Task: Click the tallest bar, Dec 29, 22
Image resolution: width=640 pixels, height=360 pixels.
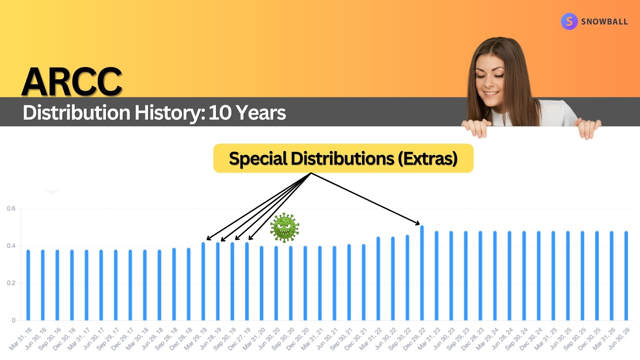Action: point(422,273)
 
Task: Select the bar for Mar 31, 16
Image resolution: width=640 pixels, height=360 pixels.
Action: point(28,285)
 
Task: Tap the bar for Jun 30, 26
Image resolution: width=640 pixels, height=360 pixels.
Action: point(626,276)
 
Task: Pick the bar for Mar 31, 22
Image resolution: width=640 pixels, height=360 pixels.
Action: point(378,279)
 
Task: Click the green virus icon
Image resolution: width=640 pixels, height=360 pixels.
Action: point(284,227)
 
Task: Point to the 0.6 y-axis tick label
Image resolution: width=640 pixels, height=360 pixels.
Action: point(11,209)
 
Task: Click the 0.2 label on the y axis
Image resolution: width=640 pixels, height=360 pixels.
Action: point(11,283)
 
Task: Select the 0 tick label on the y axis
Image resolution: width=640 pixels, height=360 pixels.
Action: point(14,320)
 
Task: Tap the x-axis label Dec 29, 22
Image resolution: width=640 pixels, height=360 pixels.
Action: point(414,339)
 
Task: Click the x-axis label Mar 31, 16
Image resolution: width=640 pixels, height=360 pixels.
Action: point(21,339)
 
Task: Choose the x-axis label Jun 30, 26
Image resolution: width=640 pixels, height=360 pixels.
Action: point(619,339)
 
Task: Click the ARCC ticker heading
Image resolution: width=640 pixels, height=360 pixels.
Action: point(72,82)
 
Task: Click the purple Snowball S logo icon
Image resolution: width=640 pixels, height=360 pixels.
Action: point(569,22)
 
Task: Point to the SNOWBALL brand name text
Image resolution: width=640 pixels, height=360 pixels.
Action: point(604,22)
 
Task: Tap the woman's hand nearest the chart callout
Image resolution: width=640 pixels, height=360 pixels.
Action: point(477,128)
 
